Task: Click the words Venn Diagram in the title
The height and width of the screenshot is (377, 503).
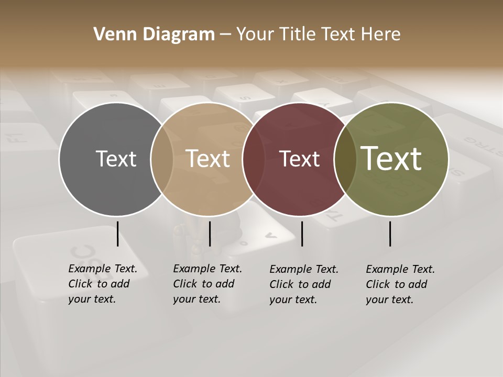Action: click(x=154, y=35)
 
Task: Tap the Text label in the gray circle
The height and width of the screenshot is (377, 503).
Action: click(x=116, y=159)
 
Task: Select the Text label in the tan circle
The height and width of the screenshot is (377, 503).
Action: click(x=208, y=159)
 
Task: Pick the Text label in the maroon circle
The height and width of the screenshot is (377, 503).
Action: click(x=300, y=159)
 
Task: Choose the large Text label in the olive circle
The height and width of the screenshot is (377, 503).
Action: click(x=391, y=159)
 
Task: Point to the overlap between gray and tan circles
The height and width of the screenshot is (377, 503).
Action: click(x=162, y=159)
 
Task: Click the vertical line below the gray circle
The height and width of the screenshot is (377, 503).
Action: click(x=117, y=234)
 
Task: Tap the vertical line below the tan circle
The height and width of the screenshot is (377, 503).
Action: click(x=210, y=234)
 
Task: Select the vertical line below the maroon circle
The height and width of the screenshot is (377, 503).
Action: click(x=302, y=234)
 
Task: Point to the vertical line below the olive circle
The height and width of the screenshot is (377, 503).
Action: click(x=390, y=234)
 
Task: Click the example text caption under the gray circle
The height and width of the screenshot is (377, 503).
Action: click(x=102, y=284)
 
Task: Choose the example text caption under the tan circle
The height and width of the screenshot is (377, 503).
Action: click(x=207, y=284)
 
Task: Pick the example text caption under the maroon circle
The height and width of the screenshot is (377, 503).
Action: click(x=303, y=284)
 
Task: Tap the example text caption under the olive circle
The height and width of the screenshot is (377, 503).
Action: click(x=400, y=284)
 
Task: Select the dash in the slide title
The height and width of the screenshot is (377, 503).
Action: click(x=225, y=35)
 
